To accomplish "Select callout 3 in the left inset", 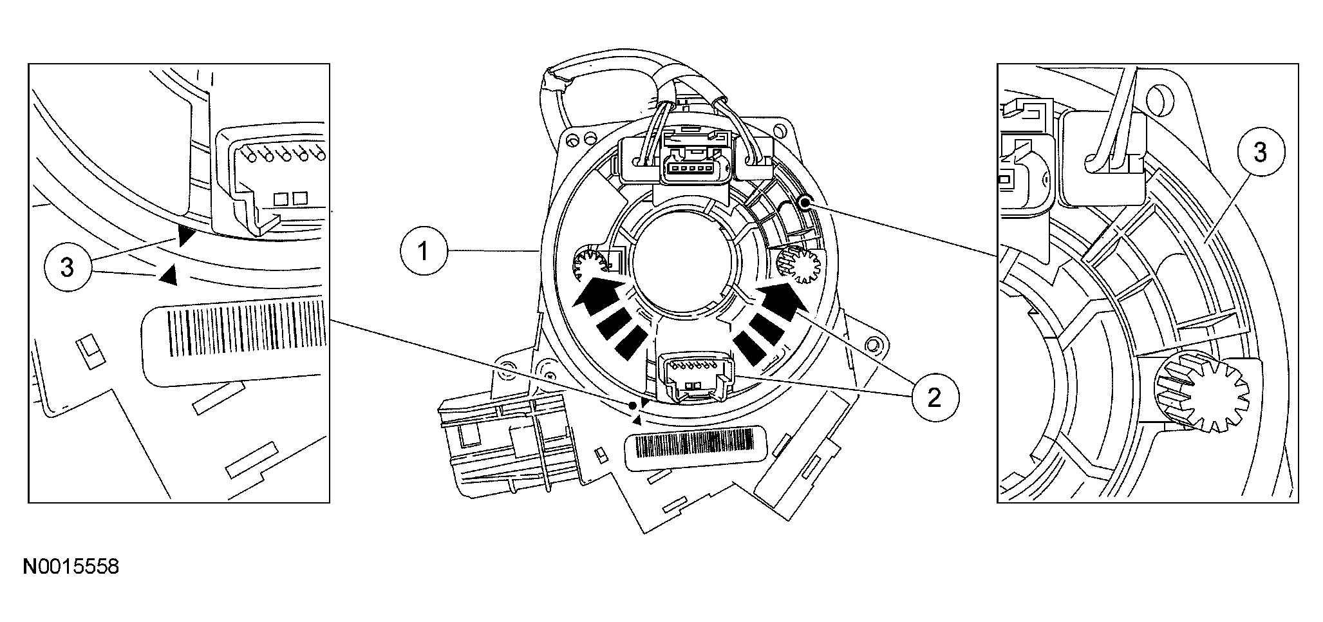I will click(x=68, y=267).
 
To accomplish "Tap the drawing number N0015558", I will click(x=71, y=567).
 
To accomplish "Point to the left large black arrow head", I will click(x=596, y=288).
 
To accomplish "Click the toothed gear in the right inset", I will click(x=1202, y=396).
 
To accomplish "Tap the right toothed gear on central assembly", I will click(x=800, y=265).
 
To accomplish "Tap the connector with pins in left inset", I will click(x=274, y=177).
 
